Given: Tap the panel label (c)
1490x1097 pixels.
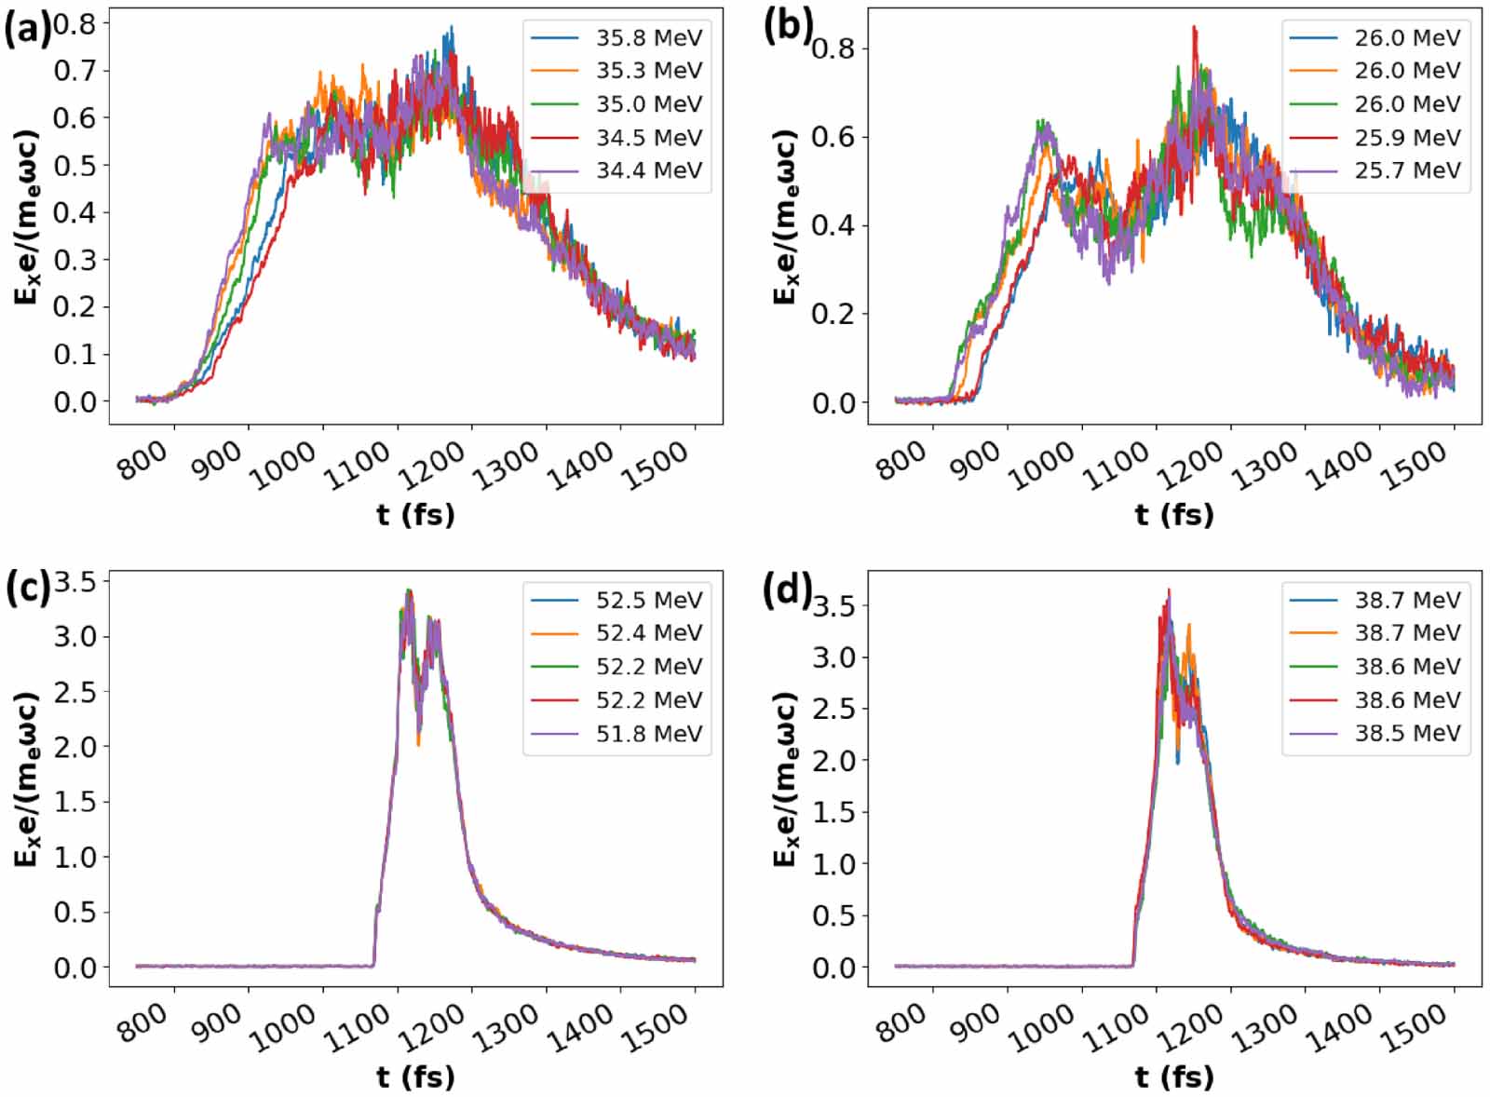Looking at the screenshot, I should (x=25, y=589).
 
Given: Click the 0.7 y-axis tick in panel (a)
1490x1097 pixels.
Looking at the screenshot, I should (x=74, y=71).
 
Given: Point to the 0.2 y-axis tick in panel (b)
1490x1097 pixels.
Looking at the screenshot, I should (x=833, y=314).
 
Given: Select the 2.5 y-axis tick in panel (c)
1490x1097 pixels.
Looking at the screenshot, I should (x=74, y=692).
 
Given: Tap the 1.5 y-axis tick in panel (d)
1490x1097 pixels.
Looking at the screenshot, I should (x=833, y=812).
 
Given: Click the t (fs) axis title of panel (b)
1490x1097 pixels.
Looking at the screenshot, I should (x=1173, y=514).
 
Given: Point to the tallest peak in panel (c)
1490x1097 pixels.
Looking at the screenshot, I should (x=408, y=590).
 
